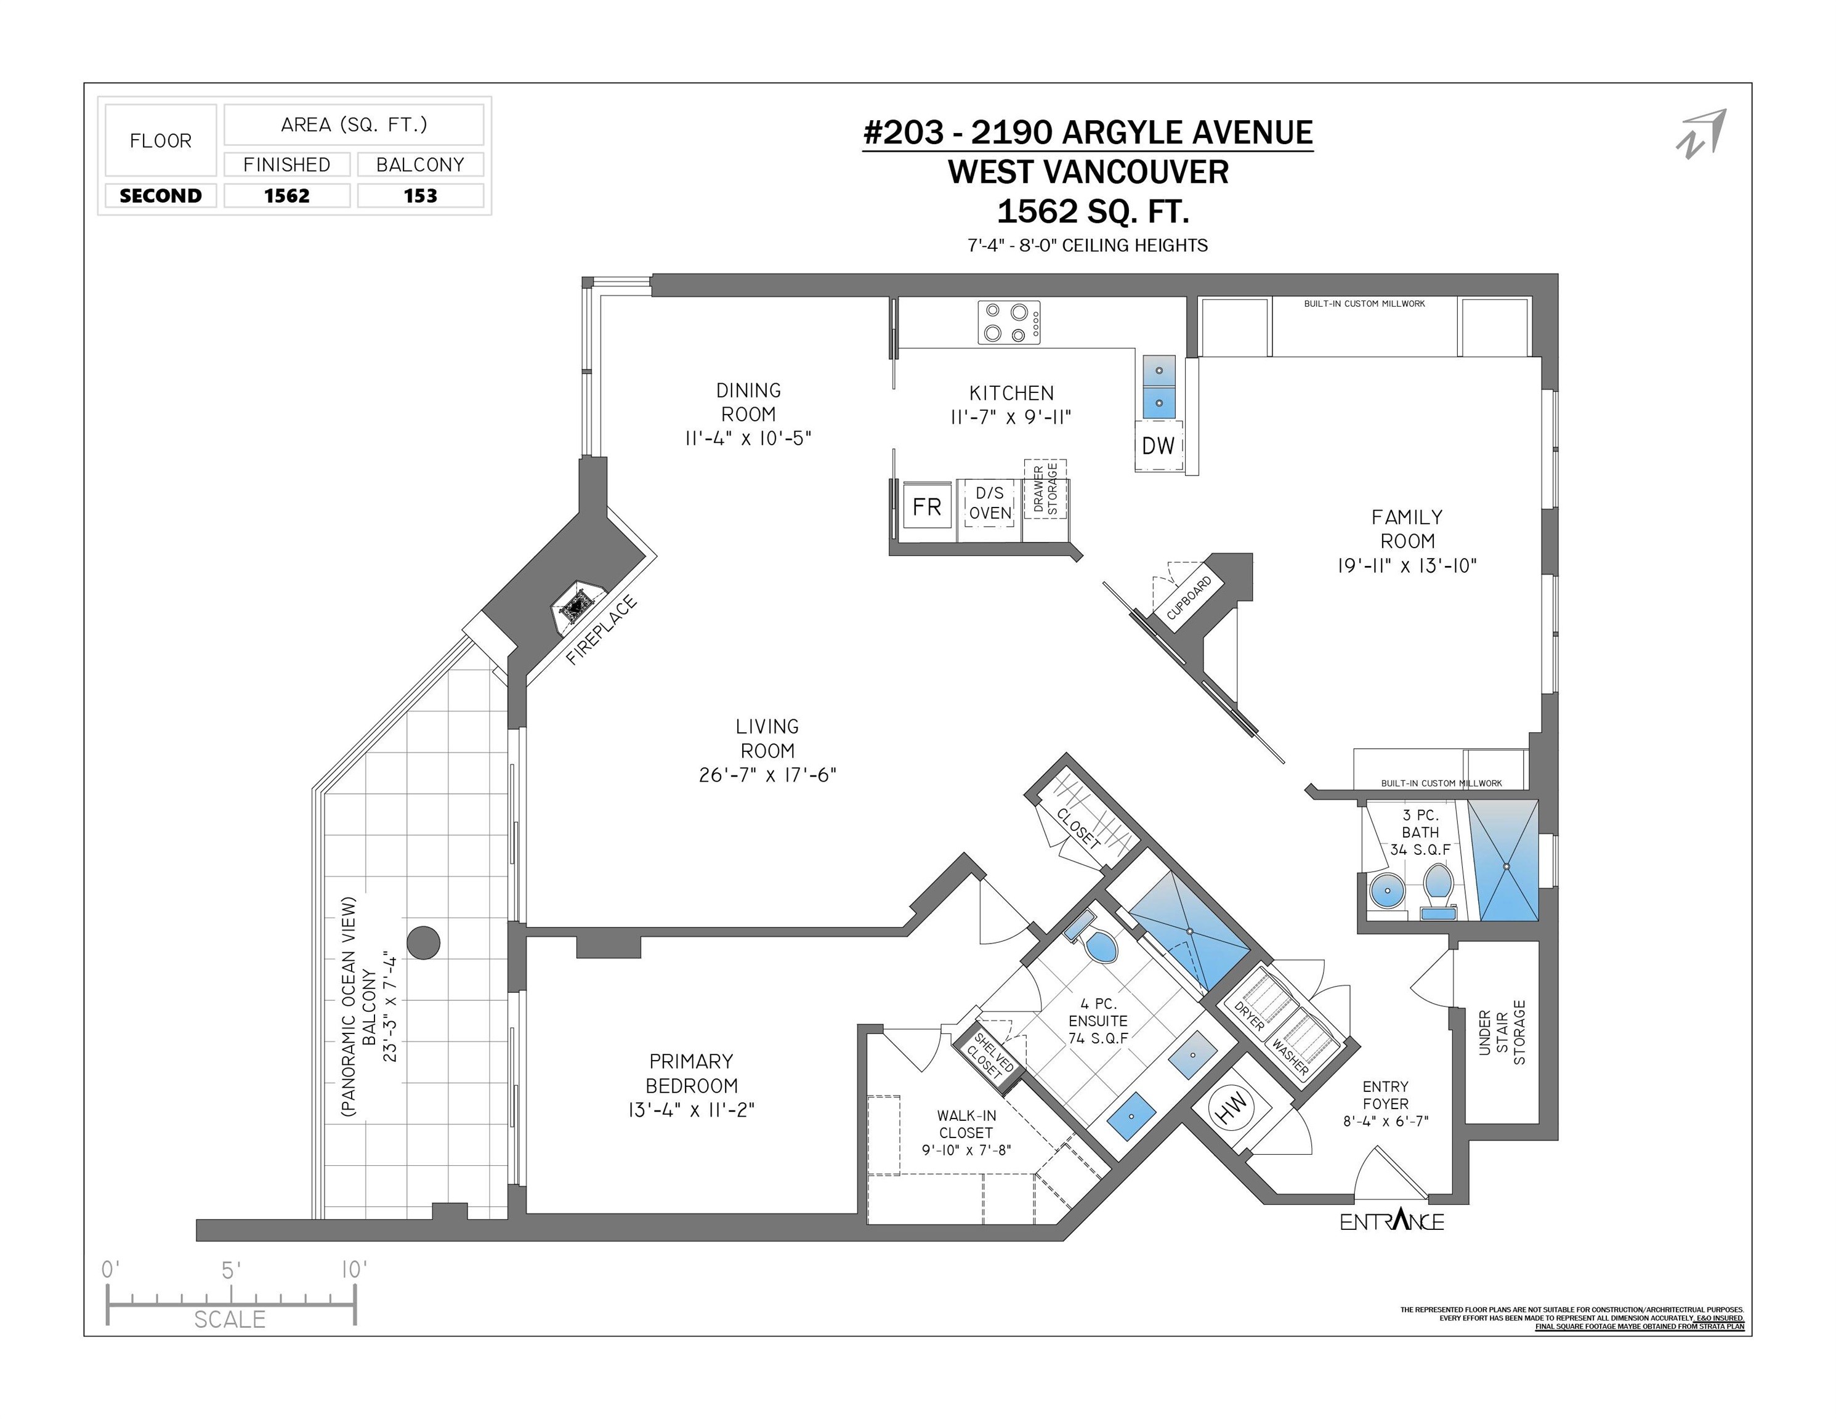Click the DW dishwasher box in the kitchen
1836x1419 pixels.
click(1158, 445)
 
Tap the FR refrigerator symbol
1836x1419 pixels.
click(926, 506)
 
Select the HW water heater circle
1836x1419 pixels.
click(1232, 1109)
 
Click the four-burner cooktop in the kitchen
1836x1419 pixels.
click(1008, 323)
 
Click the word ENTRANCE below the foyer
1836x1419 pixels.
click(1391, 1221)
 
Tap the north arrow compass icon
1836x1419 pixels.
click(1701, 133)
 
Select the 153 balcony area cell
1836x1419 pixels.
click(420, 196)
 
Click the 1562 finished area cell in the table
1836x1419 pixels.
click(286, 196)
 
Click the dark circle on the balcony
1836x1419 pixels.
click(423, 942)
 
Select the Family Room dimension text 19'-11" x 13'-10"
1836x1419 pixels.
click(1407, 566)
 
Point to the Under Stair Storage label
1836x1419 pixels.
click(1502, 1032)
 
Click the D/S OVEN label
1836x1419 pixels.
click(990, 503)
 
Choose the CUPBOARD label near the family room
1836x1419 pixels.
click(1189, 597)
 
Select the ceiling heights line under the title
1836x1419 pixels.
click(1087, 246)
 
